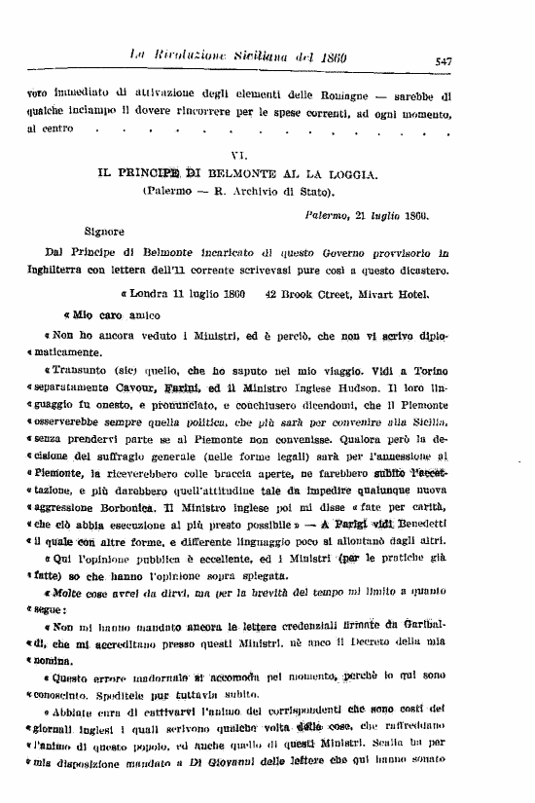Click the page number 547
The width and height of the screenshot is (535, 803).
pyautogui.click(x=443, y=60)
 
